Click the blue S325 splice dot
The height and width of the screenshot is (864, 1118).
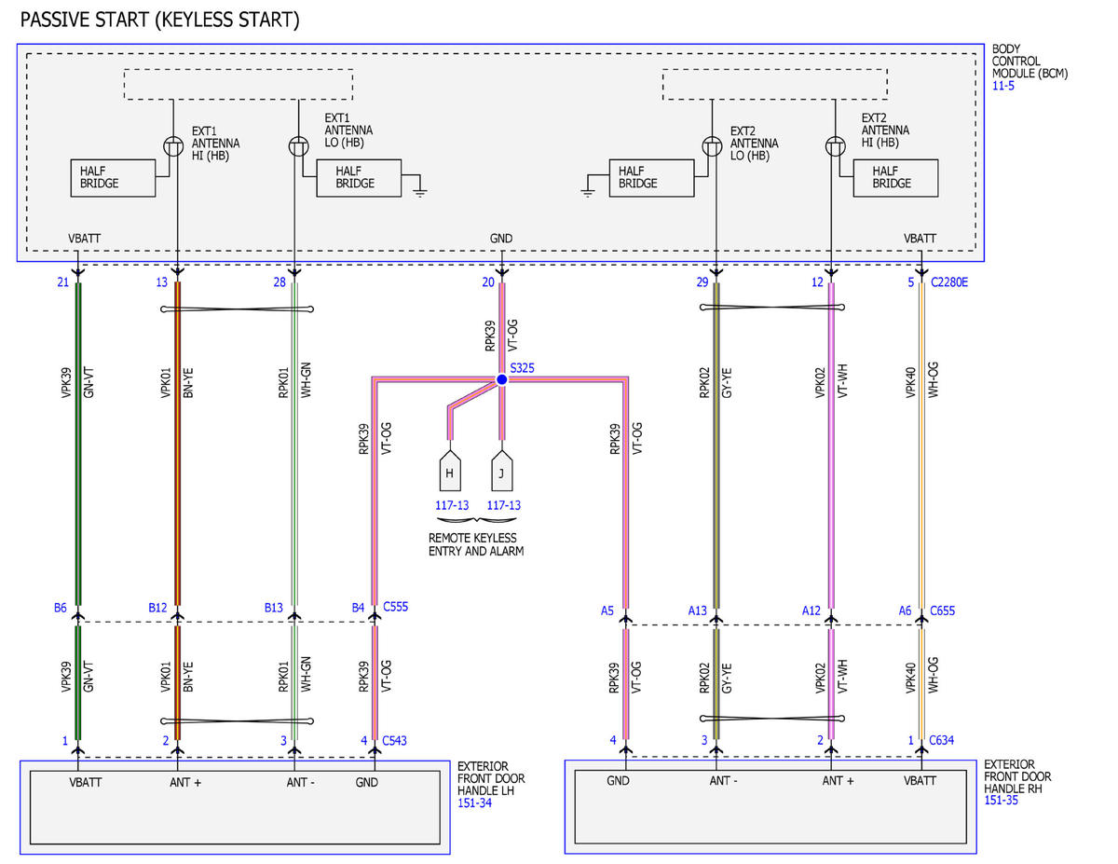pyautogui.click(x=501, y=379)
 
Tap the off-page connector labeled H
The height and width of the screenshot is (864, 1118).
pyautogui.click(x=450, y=471)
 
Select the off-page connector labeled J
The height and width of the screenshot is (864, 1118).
pyautogui.click(x=501, y=471)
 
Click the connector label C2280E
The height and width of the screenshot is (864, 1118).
pyautogui.click(x=948, y=282)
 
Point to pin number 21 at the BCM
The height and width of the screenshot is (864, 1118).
pyautogui.click(x=62, y=282)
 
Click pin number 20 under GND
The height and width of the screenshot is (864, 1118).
pyautogui.click(x=488, y=282)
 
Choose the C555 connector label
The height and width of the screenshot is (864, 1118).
pyautogui.click(x=395, y=607)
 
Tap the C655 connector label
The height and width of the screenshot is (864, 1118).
pyautogui.click(x=942, y=610)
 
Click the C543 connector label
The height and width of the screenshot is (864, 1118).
pyautogui.click(x=394, y=740)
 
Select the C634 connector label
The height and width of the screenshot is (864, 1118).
pyautogui.click(x=941, y=740)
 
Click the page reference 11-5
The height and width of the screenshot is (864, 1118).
pyautogui.click(x=1002, y=86)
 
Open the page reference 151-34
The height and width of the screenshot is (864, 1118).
pyautogui.click(x=474, y=802)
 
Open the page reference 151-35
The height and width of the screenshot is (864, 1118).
pyautogui.click(x=1001, y=801)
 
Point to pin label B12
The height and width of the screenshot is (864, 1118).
pyautogui.click(x=157, y=608)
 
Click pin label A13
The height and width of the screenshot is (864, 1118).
pyautogui.click(x=698, y=610)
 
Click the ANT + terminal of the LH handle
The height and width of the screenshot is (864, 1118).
pyautogui.click(x=185, y=783)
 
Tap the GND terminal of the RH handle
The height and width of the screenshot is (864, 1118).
pyautogui.click(x=618, y=781)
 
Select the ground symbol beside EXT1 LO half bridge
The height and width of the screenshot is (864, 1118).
pyautogui.click(x=420, y=192)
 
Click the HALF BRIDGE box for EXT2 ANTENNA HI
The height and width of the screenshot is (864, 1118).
pyautogui.click(x=895, y=178)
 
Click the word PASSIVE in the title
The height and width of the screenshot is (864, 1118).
pyautogui.click(x=53, y=21)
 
